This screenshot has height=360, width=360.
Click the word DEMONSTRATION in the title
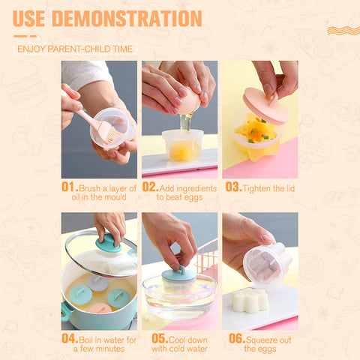[127, 19]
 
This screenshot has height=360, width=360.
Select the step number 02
[150, 187]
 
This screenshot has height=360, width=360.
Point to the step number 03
[233, 187]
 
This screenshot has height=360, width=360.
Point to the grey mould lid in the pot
[97, 283]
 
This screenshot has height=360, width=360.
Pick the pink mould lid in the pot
[100, 309]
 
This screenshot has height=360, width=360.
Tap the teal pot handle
[66, 311]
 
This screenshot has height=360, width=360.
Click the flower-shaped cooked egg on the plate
[250, 300]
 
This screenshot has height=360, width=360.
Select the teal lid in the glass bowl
[178, 274]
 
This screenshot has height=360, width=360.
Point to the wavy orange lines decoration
[343, 31]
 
